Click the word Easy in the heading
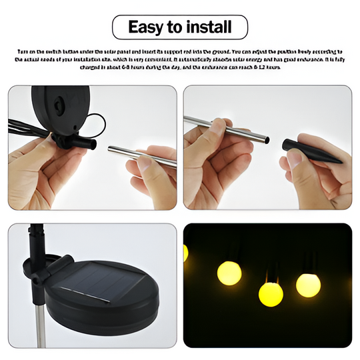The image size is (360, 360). tap(143, 27)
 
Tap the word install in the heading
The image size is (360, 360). tap(207, 27)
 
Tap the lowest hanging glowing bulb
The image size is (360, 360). tap(271, 293)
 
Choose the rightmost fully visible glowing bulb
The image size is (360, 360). tap(308, 285)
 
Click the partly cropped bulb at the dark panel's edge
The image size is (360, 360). tap(186, 253)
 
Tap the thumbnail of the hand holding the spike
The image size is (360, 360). tap(267, 147)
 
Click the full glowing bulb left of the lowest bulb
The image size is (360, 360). tap(229, 273)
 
